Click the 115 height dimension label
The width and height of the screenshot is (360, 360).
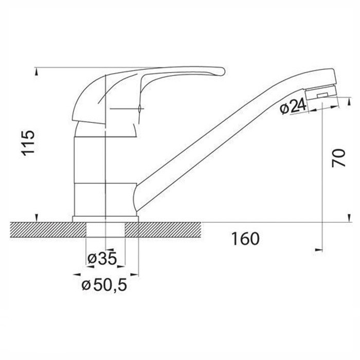pyautogui.click(x=28, y=143)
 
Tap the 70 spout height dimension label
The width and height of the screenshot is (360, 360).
pyautogui.click(x=338, y=158)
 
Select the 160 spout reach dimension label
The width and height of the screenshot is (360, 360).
pyautogui.click(x=245, y=239)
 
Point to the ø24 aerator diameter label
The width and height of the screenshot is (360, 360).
pyautogui.click(x=293, y=106)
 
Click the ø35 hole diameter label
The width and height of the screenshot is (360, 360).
pyautogui.click(x=102, y=259)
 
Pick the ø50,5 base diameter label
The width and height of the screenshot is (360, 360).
pyautogui.click(x=104, y=285)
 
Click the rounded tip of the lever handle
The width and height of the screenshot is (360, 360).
pyautogui.click(x=222, y=71)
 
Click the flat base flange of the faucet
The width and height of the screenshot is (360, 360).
pyautogui.click(x=105, y=219)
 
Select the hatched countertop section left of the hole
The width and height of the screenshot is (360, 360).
pyautogui.click(x=48, y=230)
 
